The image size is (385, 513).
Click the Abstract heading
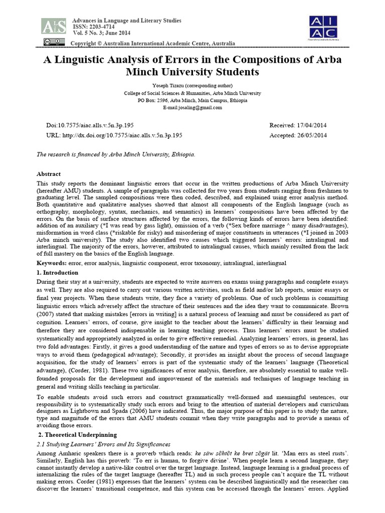point(49,174)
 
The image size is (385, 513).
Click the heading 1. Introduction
point(58,273)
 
